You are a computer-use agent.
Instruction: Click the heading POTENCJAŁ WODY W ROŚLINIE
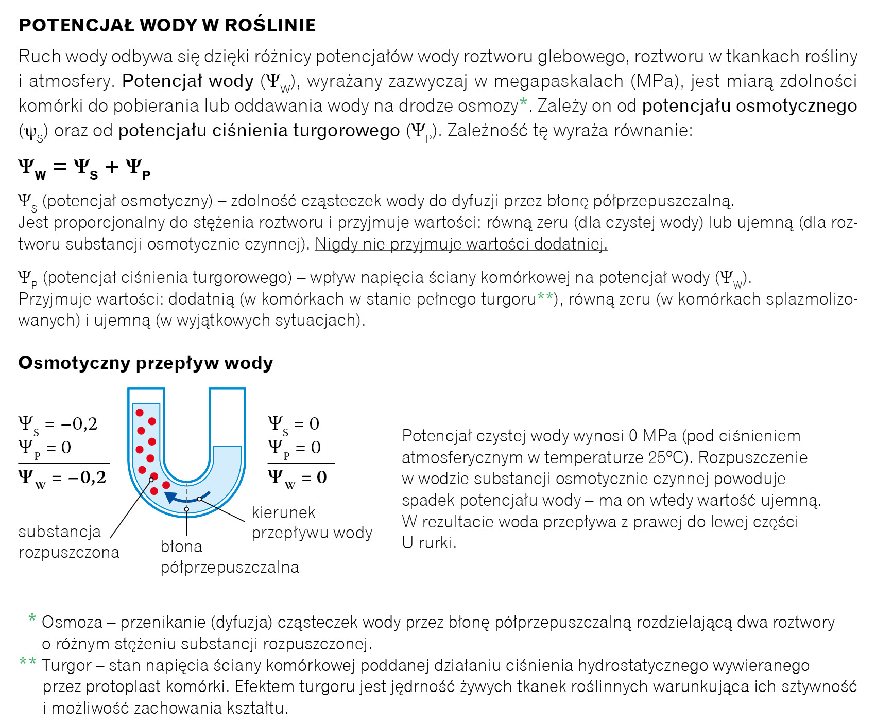coord(167,25)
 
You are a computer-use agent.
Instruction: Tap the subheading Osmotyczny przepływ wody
coord(145,363)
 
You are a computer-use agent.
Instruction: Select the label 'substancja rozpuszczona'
coord(68,541)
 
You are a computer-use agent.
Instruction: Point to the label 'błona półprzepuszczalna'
coord(229,557)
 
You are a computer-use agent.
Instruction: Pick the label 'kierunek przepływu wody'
coord(312,522)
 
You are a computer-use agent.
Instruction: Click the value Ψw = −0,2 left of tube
coord(62,478)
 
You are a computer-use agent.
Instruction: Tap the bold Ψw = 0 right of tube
coord(297,478)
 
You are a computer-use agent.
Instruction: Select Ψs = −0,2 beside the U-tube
coord(58,424)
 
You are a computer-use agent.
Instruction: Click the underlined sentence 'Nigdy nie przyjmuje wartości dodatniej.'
coord(461,244)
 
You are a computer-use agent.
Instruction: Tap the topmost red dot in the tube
coord(140,413)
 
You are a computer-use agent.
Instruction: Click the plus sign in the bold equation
coord(112,167)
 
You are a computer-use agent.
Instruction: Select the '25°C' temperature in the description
coord(668,457)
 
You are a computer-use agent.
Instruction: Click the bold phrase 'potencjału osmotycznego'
coord(749,105)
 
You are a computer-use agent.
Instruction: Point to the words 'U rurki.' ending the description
coord(429,543)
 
